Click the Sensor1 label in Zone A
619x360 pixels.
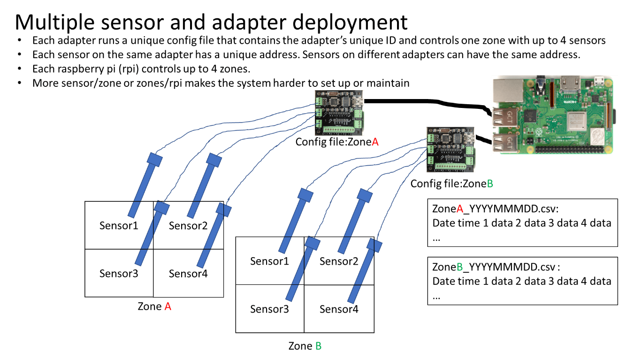point(119,226)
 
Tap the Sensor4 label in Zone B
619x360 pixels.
point(339,309)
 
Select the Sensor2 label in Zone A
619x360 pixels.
point(188,226)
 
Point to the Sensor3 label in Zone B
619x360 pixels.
point(269,309)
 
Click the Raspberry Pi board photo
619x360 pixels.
point(553,115)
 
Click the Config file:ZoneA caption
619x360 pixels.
point(336,141)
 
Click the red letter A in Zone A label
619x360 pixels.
point(168,307)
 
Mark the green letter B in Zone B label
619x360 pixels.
point(318,347)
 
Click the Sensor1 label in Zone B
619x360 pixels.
point(269,261)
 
